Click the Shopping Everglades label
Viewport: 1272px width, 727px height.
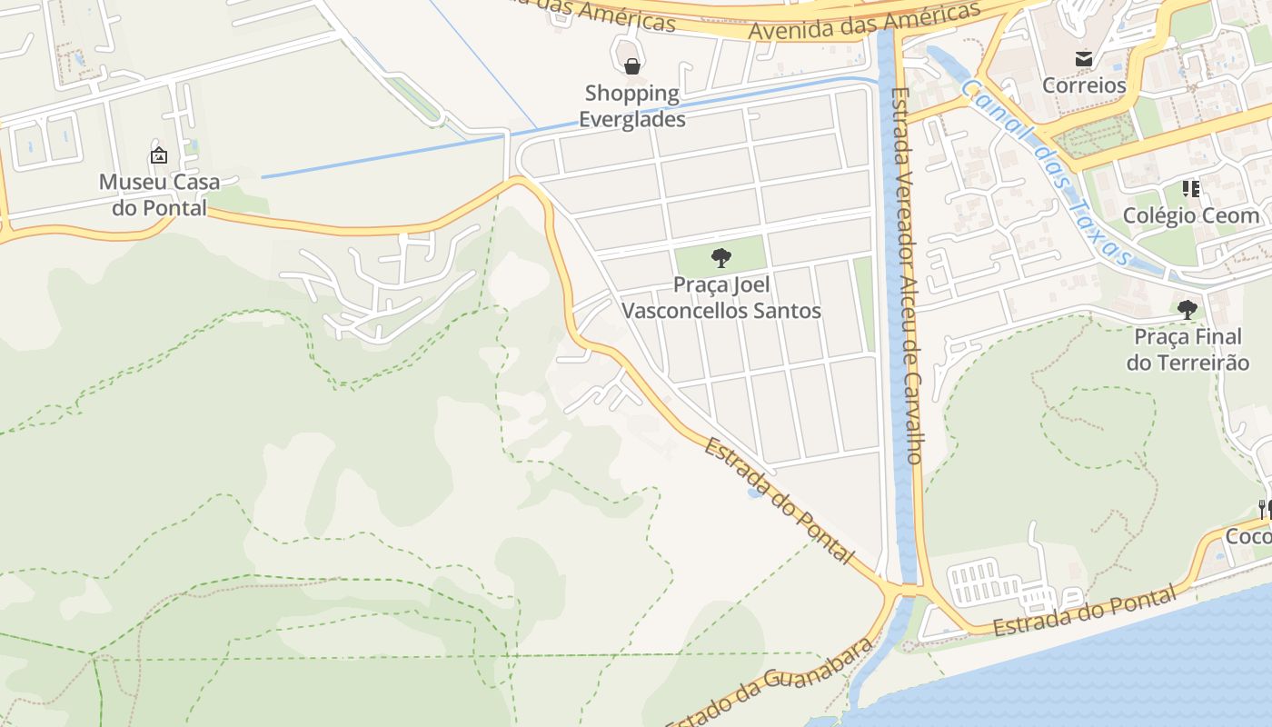click(x=632, y=105)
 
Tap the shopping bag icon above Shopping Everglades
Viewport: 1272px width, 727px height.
click(x=632, y=65)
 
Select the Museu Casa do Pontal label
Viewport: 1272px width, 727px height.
click(x=159, y=194)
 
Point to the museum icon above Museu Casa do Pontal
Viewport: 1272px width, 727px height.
click(x=159, y=155)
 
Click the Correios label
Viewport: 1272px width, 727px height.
click(x=1084, y=85)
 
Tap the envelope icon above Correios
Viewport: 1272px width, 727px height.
click(x=1084, y=59)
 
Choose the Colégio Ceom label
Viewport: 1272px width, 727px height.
click(x=1191, y=215)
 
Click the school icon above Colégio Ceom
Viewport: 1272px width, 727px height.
click(x=1190, y=189)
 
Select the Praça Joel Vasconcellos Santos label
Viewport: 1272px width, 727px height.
click(x=720, y=298)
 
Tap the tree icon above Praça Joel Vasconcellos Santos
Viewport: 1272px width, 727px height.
click(x=720, y=258)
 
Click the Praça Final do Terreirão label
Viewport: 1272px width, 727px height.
click(x=1188, y=350)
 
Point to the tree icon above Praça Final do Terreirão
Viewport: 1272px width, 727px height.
click(x=1187, y=310)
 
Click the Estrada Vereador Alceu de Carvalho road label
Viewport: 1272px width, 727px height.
click(x=906, y=273)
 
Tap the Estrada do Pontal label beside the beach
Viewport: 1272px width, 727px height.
click(x=1084, y=612)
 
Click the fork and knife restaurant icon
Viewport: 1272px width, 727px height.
click(x=1264, y=509)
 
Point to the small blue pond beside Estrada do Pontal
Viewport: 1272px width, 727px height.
click(x=753, y=493)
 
